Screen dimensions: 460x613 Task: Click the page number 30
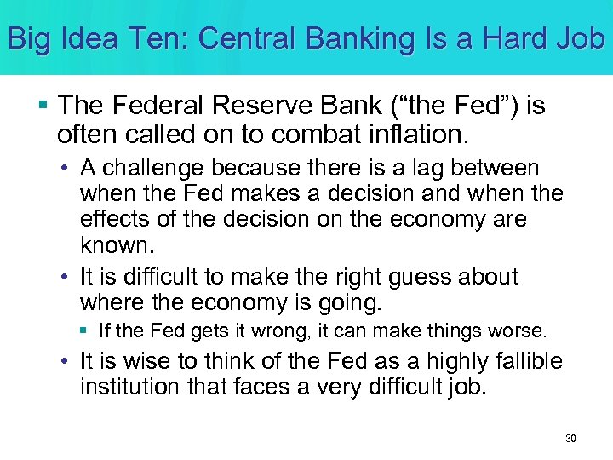[x=570, y=438]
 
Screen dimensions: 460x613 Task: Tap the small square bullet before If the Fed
[x=88, y=331]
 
